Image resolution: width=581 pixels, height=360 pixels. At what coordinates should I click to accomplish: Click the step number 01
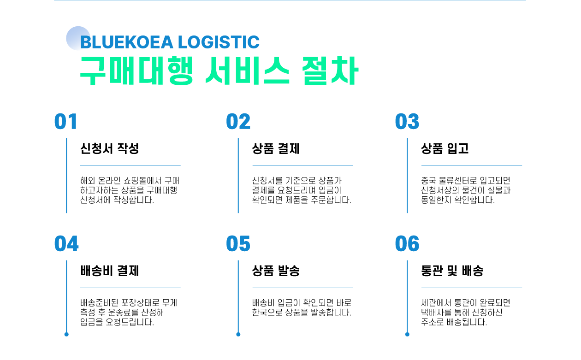(x=66, y=122)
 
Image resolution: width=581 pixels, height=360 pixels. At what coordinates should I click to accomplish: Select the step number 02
(x=238, y=122)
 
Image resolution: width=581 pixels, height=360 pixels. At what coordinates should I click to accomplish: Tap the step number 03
(x=407, y=122)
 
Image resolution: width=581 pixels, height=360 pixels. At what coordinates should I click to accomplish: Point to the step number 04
(x=66, y=244)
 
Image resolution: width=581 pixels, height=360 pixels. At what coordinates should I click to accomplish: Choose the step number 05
(x=238, y=244)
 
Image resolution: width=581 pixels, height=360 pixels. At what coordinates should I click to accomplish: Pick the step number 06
(x=407, y=244)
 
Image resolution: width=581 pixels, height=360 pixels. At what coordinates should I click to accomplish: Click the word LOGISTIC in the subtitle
(x=219, y=42)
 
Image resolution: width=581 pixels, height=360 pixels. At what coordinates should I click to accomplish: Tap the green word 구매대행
(x=136, y=71)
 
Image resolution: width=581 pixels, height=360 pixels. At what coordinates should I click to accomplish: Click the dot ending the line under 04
(x=66, y=334)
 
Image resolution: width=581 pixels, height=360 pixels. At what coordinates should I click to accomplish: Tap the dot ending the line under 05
(x=238, y=334)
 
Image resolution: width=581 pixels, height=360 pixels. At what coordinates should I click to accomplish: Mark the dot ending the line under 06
(x=407, y=334)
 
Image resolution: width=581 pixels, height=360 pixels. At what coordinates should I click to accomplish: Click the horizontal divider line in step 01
(x=130, y=165)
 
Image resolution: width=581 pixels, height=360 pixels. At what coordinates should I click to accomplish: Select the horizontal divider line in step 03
(x=472, y=165)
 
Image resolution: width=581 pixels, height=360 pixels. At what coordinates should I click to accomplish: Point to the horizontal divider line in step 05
(x=302, y=288)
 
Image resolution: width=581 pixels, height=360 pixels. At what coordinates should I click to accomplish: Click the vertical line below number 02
(x=238, y=175)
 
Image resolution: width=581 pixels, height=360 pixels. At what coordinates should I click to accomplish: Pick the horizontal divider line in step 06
(x=472, y=288)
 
